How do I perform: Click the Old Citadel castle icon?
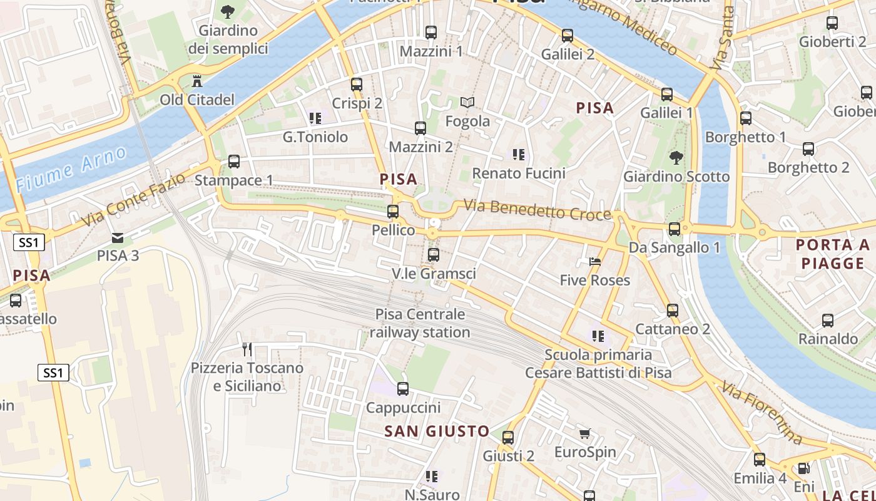click(197, 81)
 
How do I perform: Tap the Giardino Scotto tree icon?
click(676, 157)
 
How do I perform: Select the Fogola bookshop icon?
click(467, 102)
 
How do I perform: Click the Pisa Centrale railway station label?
click(420, 323)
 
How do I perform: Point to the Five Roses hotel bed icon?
click(594, 261)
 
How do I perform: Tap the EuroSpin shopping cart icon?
click(584, 433)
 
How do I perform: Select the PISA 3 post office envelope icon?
click(118, 237)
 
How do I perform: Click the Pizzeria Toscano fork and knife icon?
click(247, 349)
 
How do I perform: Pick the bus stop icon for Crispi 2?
click(357, 84)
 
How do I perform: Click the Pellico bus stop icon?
click(393, 212)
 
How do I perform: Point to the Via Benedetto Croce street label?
click(537, 210)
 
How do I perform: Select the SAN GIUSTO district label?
click(437, 431)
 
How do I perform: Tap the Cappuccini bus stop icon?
click(403, 389)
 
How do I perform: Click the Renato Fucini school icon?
click(518, 153)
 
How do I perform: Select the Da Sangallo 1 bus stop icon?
click(674, 229)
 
